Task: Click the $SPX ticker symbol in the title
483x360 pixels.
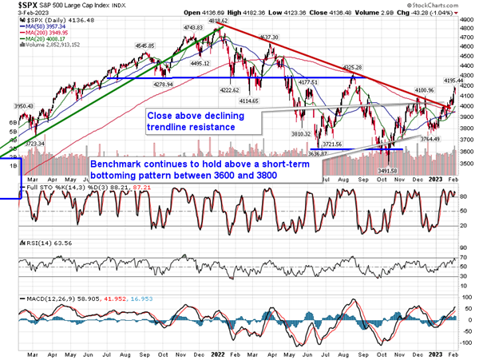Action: click(18, 5)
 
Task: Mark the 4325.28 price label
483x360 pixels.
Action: click(353, 68)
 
